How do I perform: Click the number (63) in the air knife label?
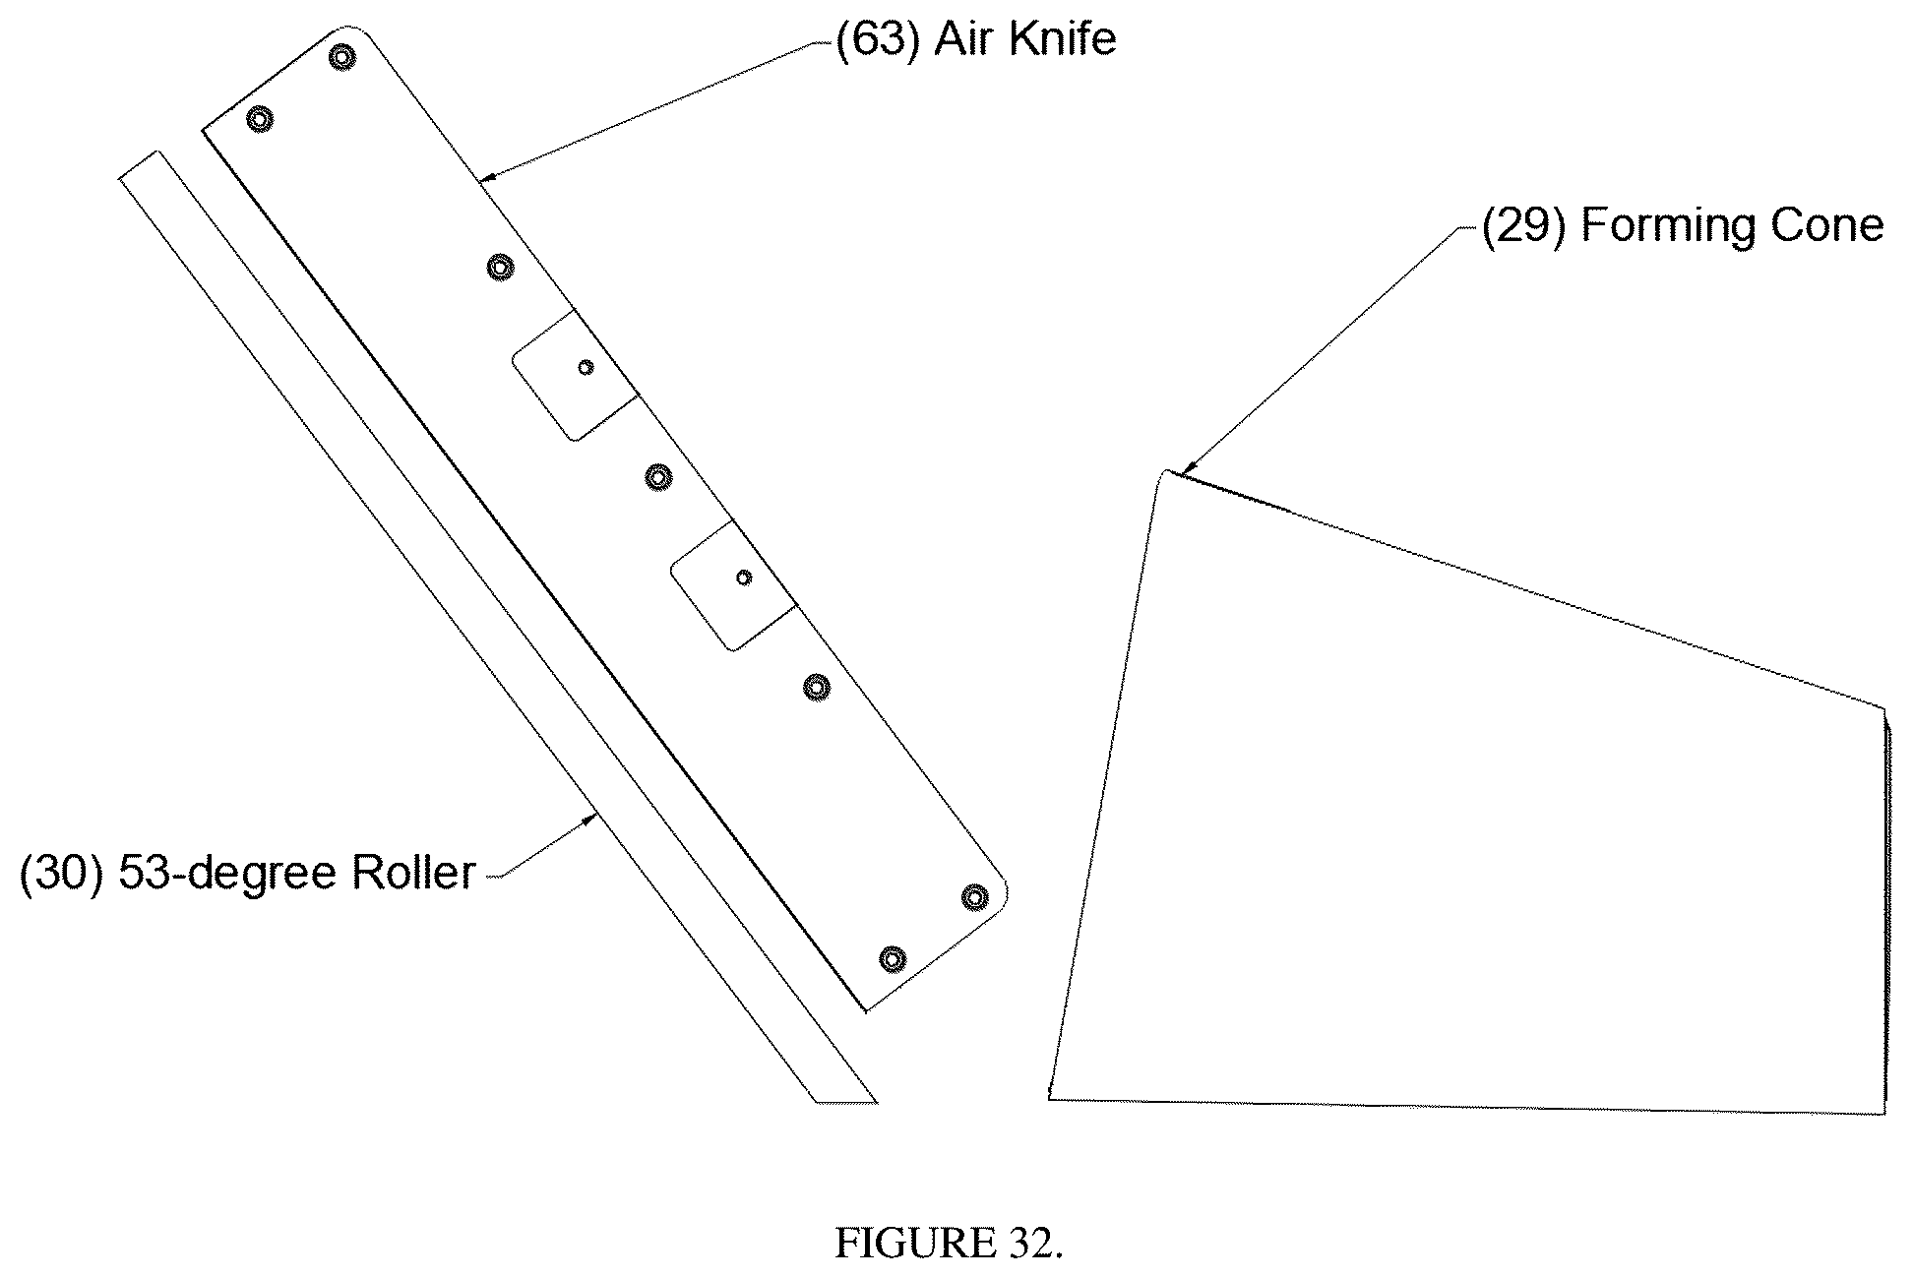coord(878,41)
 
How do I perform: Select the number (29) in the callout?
coord(1523,226)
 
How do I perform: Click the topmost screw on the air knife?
coord(341,57)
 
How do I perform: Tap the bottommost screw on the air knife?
coord(892,958)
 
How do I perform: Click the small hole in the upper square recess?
coord(586,367)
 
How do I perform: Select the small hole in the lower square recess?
coord(744,578)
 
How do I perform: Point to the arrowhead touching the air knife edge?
coord(488,178)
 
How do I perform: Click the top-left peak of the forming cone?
coord(1166,471)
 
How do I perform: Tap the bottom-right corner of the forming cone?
coord(1884,1114)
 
